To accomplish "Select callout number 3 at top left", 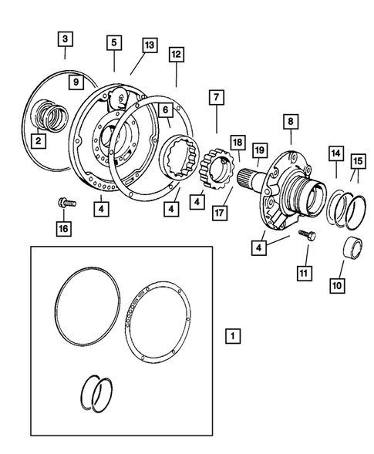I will click(x=65, y=39).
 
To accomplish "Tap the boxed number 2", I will click(x=36, y=140).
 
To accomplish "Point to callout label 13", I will click(x=150, y=45).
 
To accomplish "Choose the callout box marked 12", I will click(x=177, y=55).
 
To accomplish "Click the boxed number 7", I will click(x=216, y=98).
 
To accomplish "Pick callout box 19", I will click(x=260, y=150).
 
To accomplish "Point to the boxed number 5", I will click(x=113, y=43).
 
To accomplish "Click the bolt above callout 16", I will click(x=64, y=203).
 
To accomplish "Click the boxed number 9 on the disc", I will click(x=76, y=82).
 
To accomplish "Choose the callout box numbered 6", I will click(x=164, y=111).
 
